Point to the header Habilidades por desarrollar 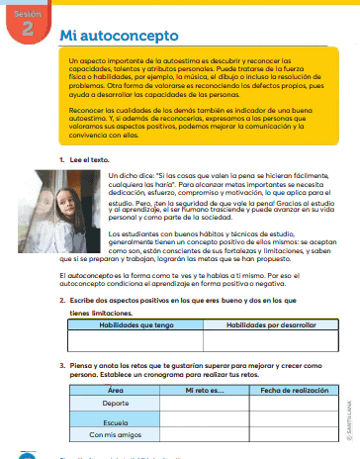[x=256, y=323]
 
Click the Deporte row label [x=115, y=405]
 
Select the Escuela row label [x=115, y=420]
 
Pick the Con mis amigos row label [x=115, y=435]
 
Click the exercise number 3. [x=61, y=363]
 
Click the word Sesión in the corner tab [x=26, y=14]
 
